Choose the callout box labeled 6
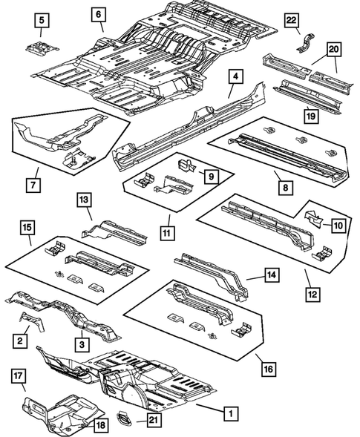click(99, 14)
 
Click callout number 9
click(210, 176)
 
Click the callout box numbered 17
click(19, 377)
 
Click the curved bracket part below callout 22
click(304, 41)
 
